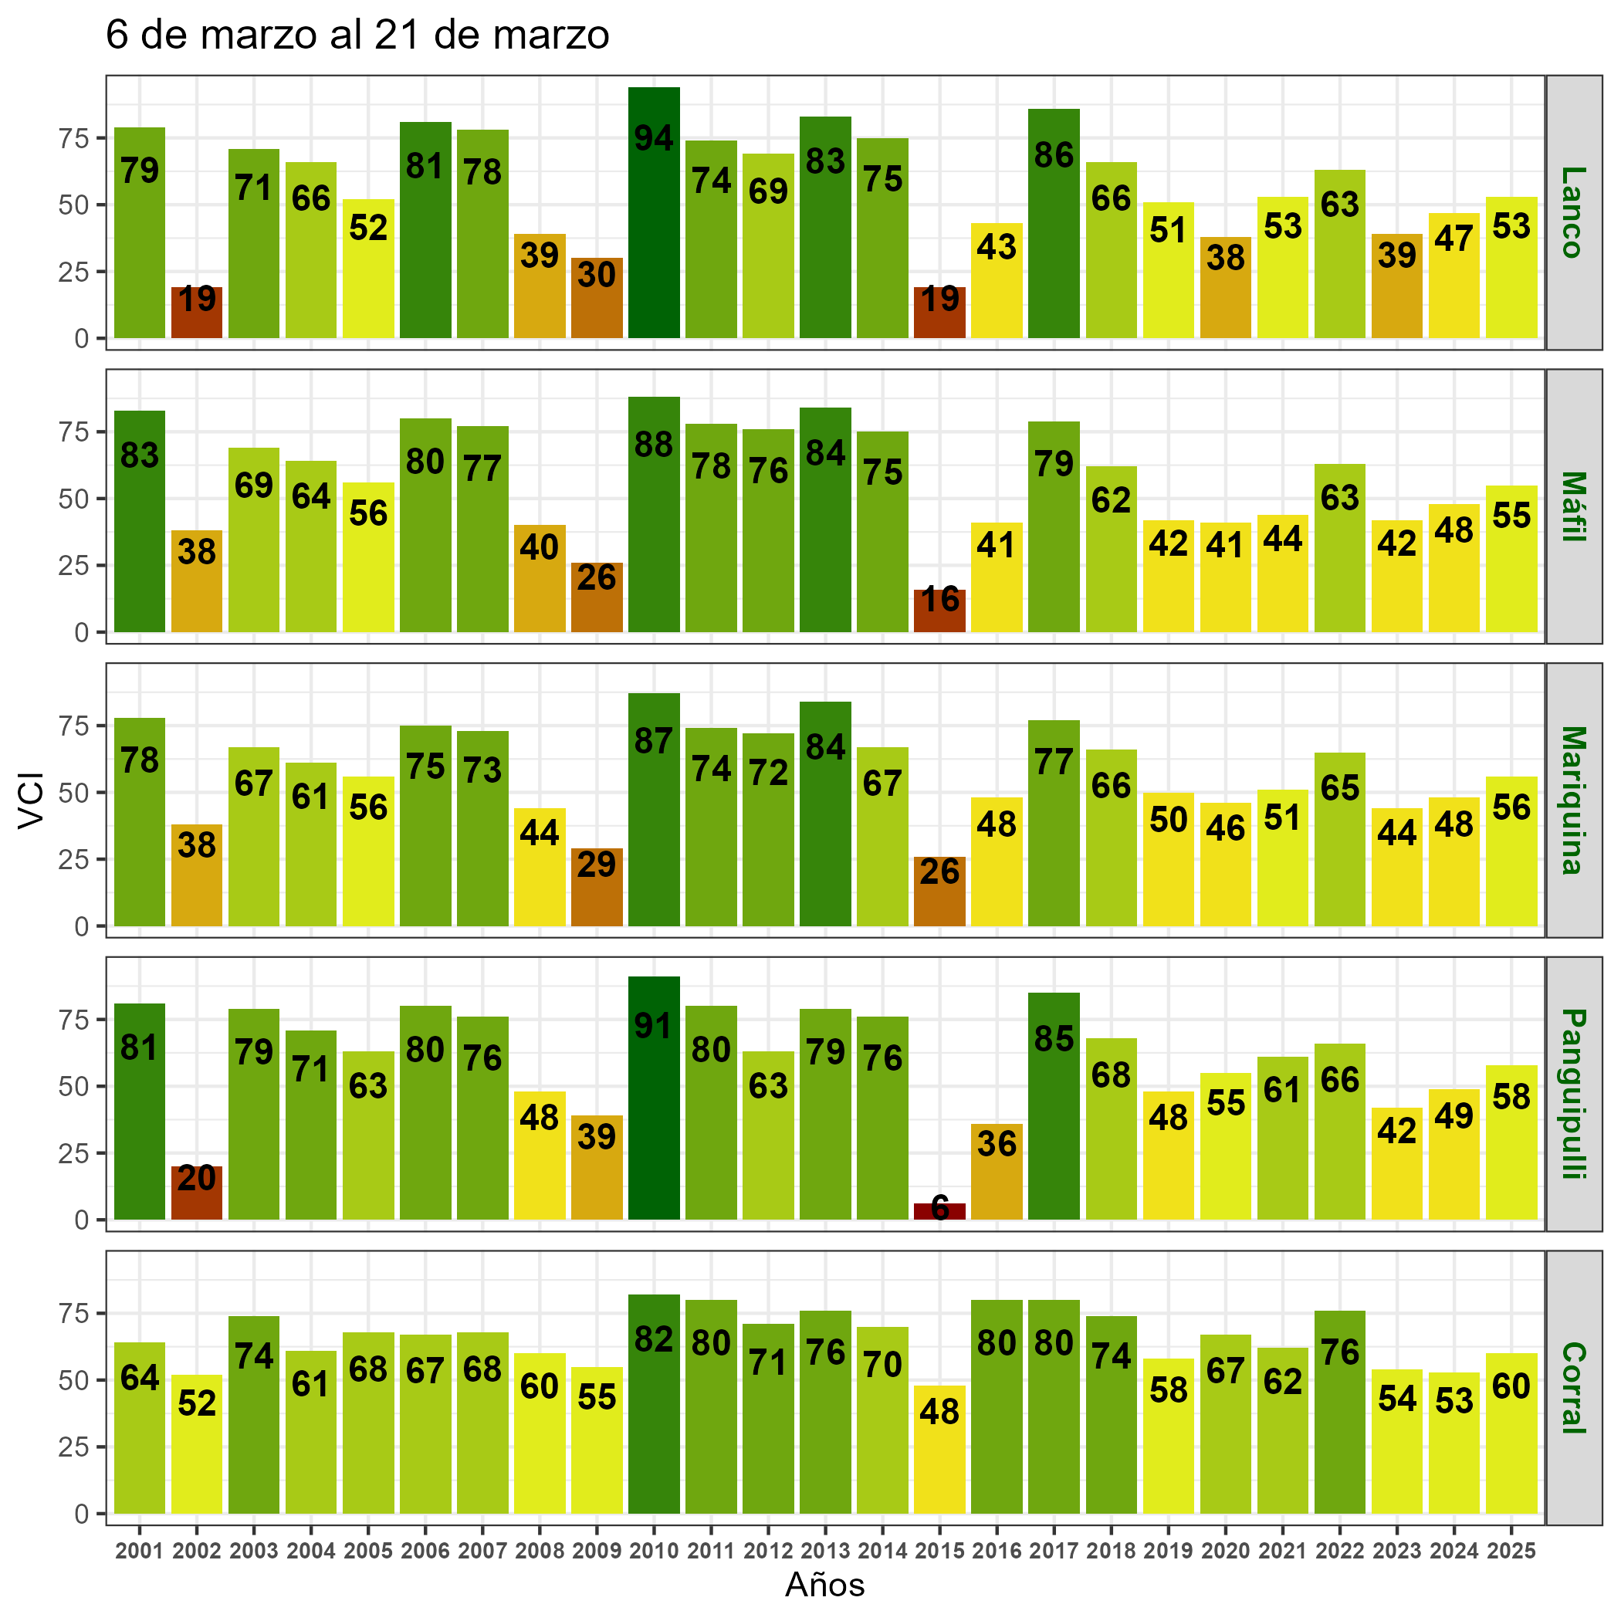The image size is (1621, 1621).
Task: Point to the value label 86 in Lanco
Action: pos(1054,156)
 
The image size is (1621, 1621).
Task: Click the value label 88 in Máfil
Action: pos(654,445)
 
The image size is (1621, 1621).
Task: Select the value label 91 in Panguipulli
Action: pos(654,1026)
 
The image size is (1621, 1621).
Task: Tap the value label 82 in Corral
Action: pos(654,1340)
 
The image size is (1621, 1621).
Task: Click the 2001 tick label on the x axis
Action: pos(139,1552)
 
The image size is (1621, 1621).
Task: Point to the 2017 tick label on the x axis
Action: pos(1054,1552)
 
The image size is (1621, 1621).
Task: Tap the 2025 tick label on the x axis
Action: pos(1511,1552)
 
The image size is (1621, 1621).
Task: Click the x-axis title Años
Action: pos(824,1585)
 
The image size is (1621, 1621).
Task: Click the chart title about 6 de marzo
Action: pos(357,36)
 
